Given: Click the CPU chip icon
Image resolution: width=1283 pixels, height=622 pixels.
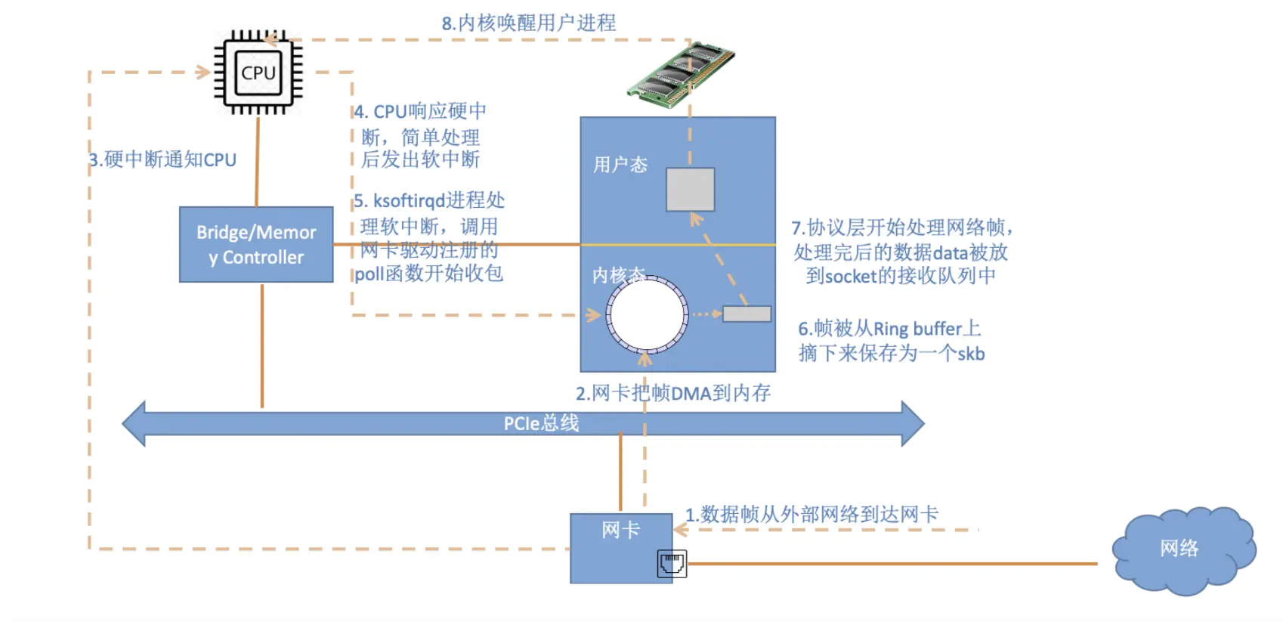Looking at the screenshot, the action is pyautogui.click(x=258, y=72).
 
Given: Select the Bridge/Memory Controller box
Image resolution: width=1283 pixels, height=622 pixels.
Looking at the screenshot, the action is pyautogui.click(x=256, y=245).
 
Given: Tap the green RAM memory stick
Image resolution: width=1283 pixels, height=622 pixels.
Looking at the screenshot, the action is pyautogui.click(x=681, y=75).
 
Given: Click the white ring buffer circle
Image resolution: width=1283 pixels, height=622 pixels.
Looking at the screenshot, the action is pyautogui.click(x=648, y=314).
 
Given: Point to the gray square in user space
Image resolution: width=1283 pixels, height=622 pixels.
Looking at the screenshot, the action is pyautogui.click(x=690, y=189).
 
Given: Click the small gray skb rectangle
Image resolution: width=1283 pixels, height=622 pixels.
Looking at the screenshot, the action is pyautogui.click(x=747, y=314).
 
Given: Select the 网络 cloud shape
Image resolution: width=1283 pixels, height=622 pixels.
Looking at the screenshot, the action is pyautogui.click(x=1184, y=550).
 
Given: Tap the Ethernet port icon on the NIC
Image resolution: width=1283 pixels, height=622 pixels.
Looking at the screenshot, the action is pyautogui.click(x=672, y=564).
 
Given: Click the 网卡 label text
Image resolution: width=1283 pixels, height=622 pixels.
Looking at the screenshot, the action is pyautogui.click(x=620, y=531).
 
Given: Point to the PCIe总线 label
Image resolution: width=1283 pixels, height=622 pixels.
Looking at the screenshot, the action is pyautogui.click(x=541, y=423).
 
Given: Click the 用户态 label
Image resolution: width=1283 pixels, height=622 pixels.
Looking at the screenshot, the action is pyautogui.click(x=620, y=165).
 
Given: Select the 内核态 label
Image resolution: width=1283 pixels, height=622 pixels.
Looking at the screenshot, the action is pyautogui.click(x=619, y=276).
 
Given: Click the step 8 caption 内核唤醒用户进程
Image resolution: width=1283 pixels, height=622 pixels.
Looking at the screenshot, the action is pyautogui.click(x=529, y=23).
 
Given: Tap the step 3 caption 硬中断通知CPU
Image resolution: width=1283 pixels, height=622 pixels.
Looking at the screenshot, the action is pyautogui.click(x=162, y=159).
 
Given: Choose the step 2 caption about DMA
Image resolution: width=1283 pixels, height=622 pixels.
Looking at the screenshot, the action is pyautogui.click(x=673, y=394).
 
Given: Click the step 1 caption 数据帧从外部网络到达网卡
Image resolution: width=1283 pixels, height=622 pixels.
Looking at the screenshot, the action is pyautogui.click(x=812, y=515).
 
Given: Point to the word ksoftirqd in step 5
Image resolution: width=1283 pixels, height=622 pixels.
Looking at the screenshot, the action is pyautogui.click(x=409, y=201).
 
